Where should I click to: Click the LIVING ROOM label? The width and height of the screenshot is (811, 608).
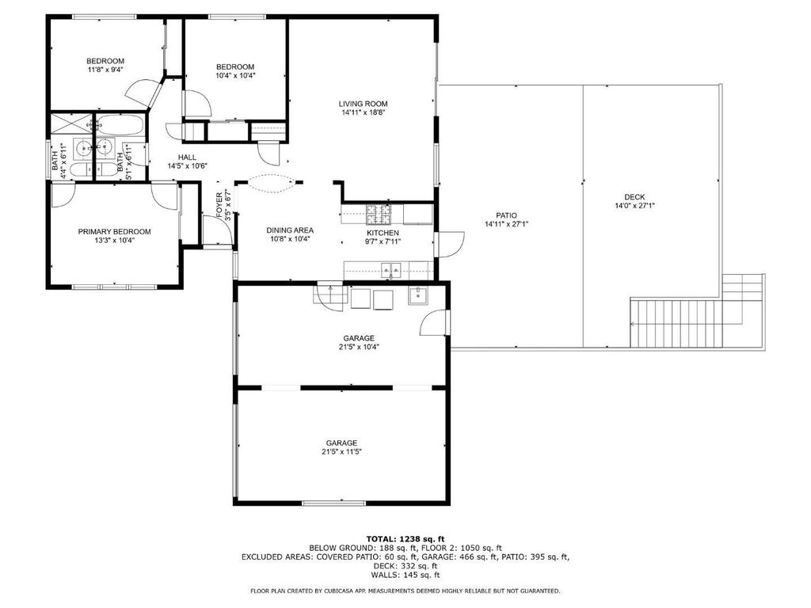coord(363,104)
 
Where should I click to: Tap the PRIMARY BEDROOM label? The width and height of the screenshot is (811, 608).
coord(114,232)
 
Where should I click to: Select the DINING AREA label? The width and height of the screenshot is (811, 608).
coord(290,230)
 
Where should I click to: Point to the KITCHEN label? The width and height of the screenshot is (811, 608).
coord(383,233)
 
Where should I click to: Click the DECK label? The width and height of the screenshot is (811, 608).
coord(634,197)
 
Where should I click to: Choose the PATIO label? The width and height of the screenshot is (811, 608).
coord(506,215)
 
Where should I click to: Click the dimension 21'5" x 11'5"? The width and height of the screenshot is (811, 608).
coord(341,451)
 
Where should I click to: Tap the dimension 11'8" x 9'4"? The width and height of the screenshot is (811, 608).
coord(105,70)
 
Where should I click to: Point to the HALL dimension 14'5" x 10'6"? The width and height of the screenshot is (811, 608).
coord(187,166)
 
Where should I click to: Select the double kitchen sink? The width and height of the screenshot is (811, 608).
coord(391,269)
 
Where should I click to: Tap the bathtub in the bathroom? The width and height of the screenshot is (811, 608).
coord(120,124)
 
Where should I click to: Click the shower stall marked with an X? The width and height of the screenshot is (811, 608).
coord(70,123)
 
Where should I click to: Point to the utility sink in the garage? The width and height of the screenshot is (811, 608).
coord(417,295)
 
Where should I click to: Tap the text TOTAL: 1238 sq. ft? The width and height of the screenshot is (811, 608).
coord(405,538)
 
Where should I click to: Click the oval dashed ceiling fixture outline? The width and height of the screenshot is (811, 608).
coord(272,183)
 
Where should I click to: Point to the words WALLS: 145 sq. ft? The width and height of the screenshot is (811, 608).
coord(405,575)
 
